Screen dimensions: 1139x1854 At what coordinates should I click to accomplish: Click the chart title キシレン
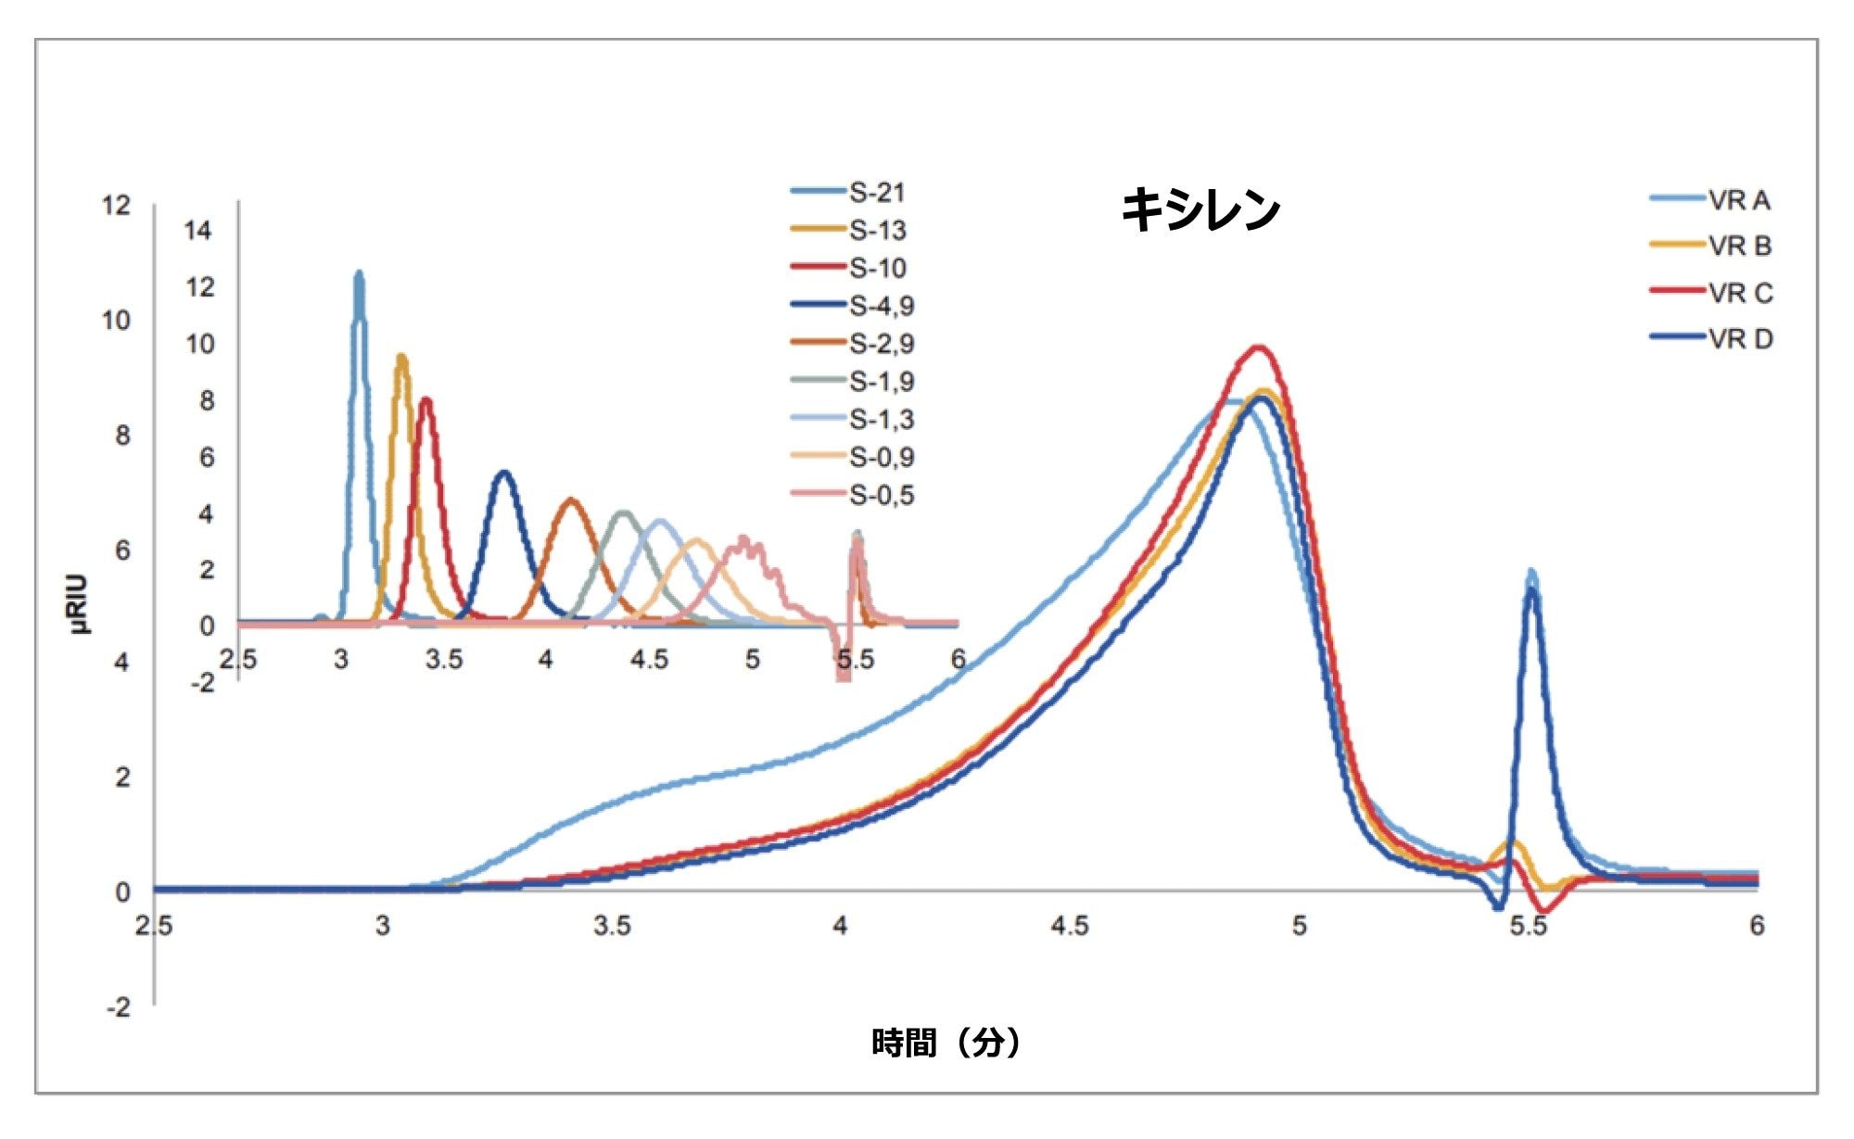pyautogui.click(x=1200, y=209)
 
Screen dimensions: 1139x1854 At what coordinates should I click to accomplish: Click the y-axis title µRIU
pyautogui.click(x=80, y=604)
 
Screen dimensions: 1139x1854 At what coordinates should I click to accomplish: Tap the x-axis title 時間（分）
pyautogui.click(x=946, y=1043)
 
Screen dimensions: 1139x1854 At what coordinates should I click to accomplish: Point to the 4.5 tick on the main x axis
pyautogui.click(x=1070, y=926)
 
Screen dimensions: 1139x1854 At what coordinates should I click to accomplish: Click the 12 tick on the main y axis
pyautogui.click(x=116, y=205)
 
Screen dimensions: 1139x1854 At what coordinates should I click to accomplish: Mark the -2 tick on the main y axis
pyautogui.click(x=119, y=1007)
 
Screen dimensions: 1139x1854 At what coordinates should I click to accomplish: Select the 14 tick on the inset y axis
pyautogui.click(x=197, y=231)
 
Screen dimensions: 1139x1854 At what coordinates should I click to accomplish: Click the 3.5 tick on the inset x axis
pyautogui.click(x=443, y=660)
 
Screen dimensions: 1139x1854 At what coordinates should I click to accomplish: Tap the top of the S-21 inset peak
pyautogui.click(x=359, y=274)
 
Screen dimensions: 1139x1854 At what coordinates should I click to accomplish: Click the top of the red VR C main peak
pyautogui.click(x=1258, y=348)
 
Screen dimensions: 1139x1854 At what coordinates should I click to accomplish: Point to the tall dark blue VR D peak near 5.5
pyautogui.click(x=1531, y=590)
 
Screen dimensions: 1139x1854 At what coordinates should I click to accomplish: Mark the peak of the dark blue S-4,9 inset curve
pyautogui.click(x=503, y=474)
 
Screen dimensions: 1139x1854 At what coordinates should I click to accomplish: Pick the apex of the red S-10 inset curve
pyautogui.click(x=425, y=400)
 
